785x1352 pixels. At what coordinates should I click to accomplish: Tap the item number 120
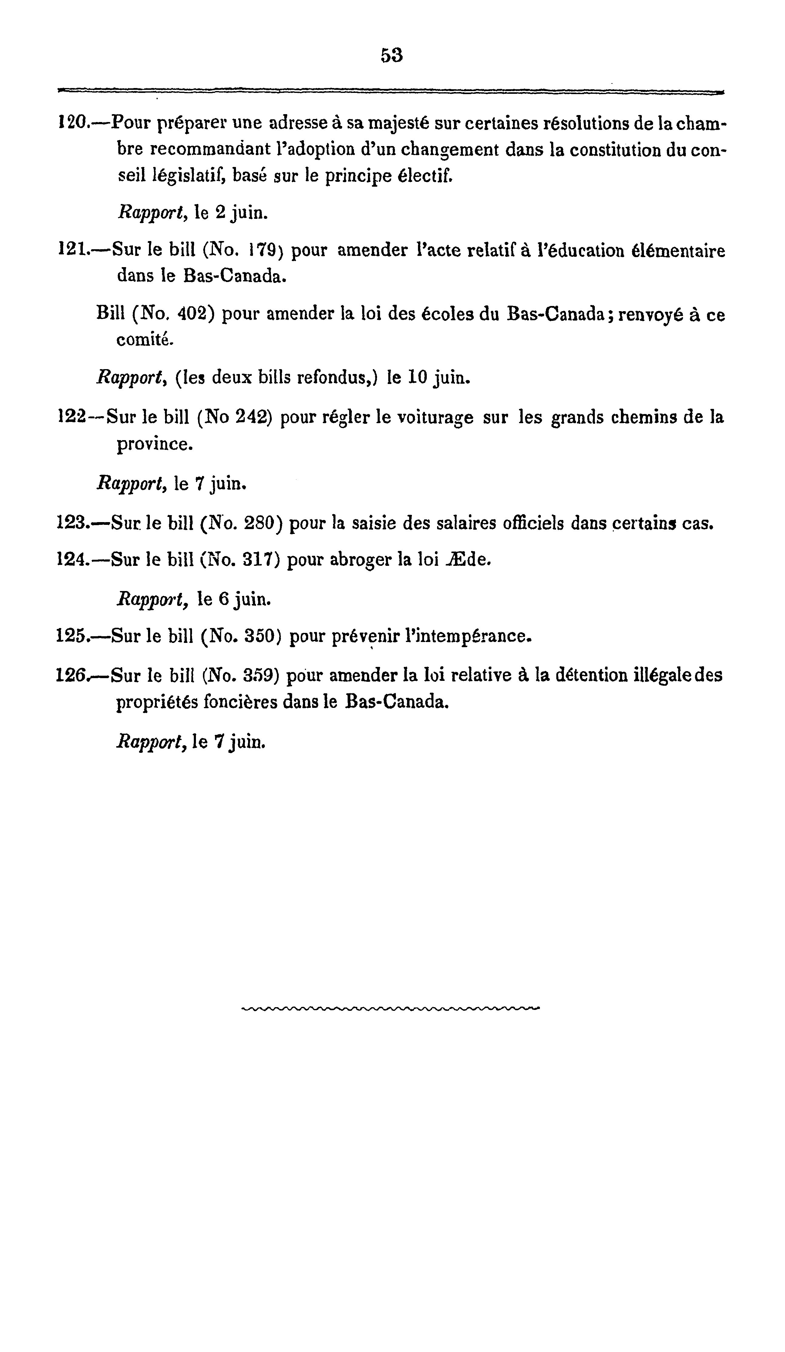click(72, 124)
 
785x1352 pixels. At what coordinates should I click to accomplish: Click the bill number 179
click(262, 250)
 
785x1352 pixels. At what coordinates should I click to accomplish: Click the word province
click(154, 444)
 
